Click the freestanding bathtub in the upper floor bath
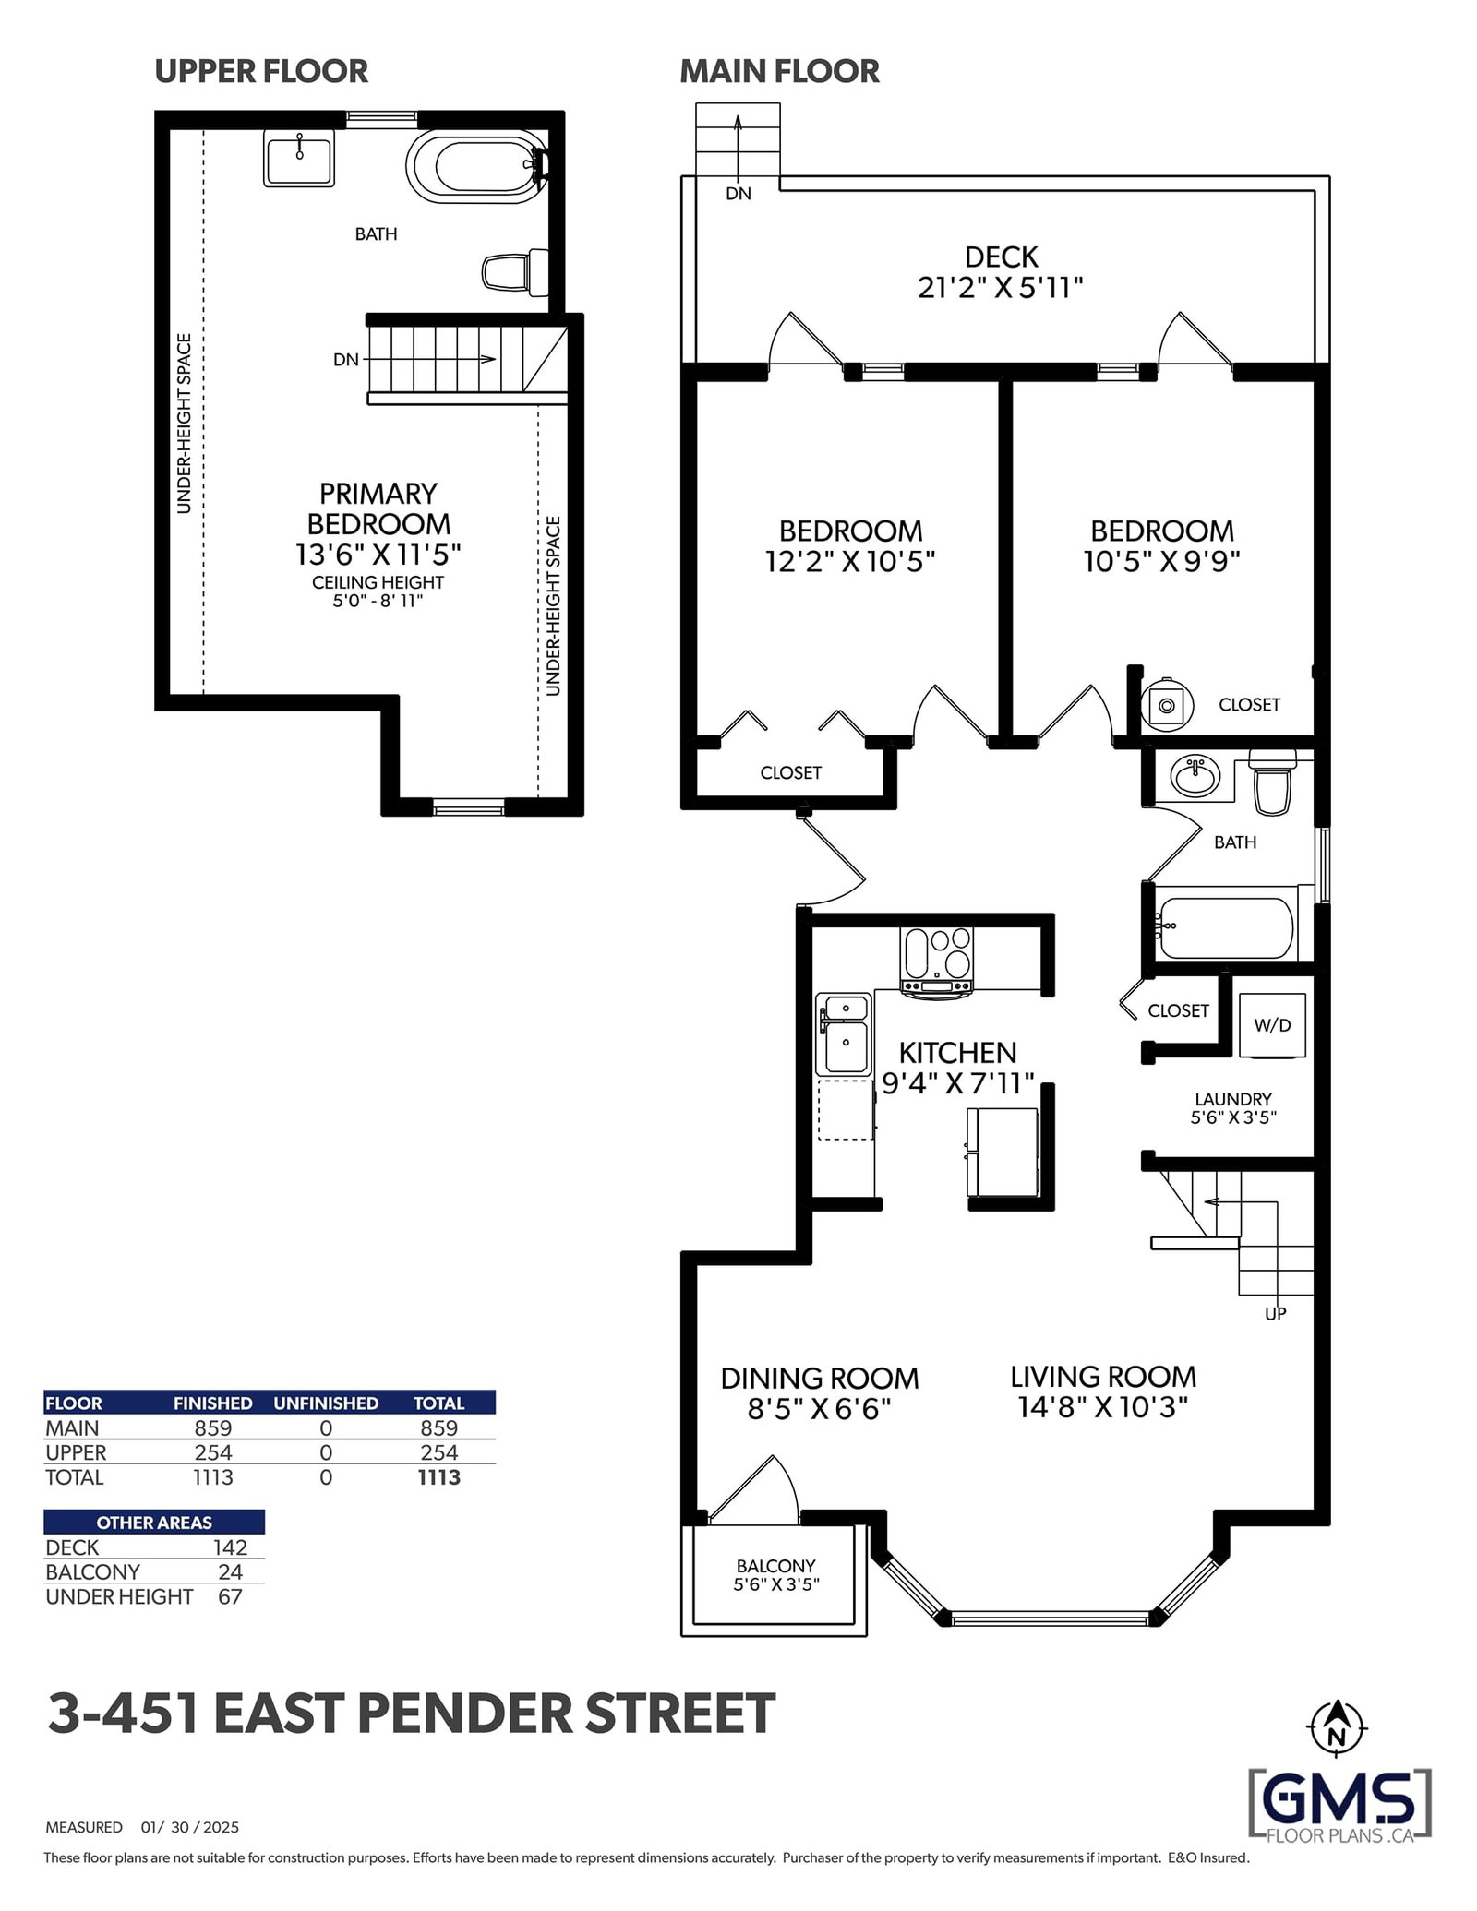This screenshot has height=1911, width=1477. coord(473,166)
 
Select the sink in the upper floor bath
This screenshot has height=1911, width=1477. coord(299,158)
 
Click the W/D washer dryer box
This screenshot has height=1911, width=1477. coord(1272,1025)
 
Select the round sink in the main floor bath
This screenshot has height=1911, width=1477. coord(1195,776)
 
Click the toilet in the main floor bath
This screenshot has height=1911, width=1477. coord(1272,782)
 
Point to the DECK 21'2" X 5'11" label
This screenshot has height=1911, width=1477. coord(1001,272)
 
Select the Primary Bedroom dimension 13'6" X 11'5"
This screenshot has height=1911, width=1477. coord(378,555)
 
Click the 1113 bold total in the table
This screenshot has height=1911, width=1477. coord(438,1477)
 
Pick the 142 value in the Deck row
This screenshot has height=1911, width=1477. coord(230,1547)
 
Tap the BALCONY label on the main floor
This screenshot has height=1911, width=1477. coord(775,1566)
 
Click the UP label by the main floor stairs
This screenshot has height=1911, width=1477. coord(1275,1313)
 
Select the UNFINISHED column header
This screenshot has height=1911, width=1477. coord(326,1403)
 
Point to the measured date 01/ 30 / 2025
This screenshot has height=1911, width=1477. coord(190,1827)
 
